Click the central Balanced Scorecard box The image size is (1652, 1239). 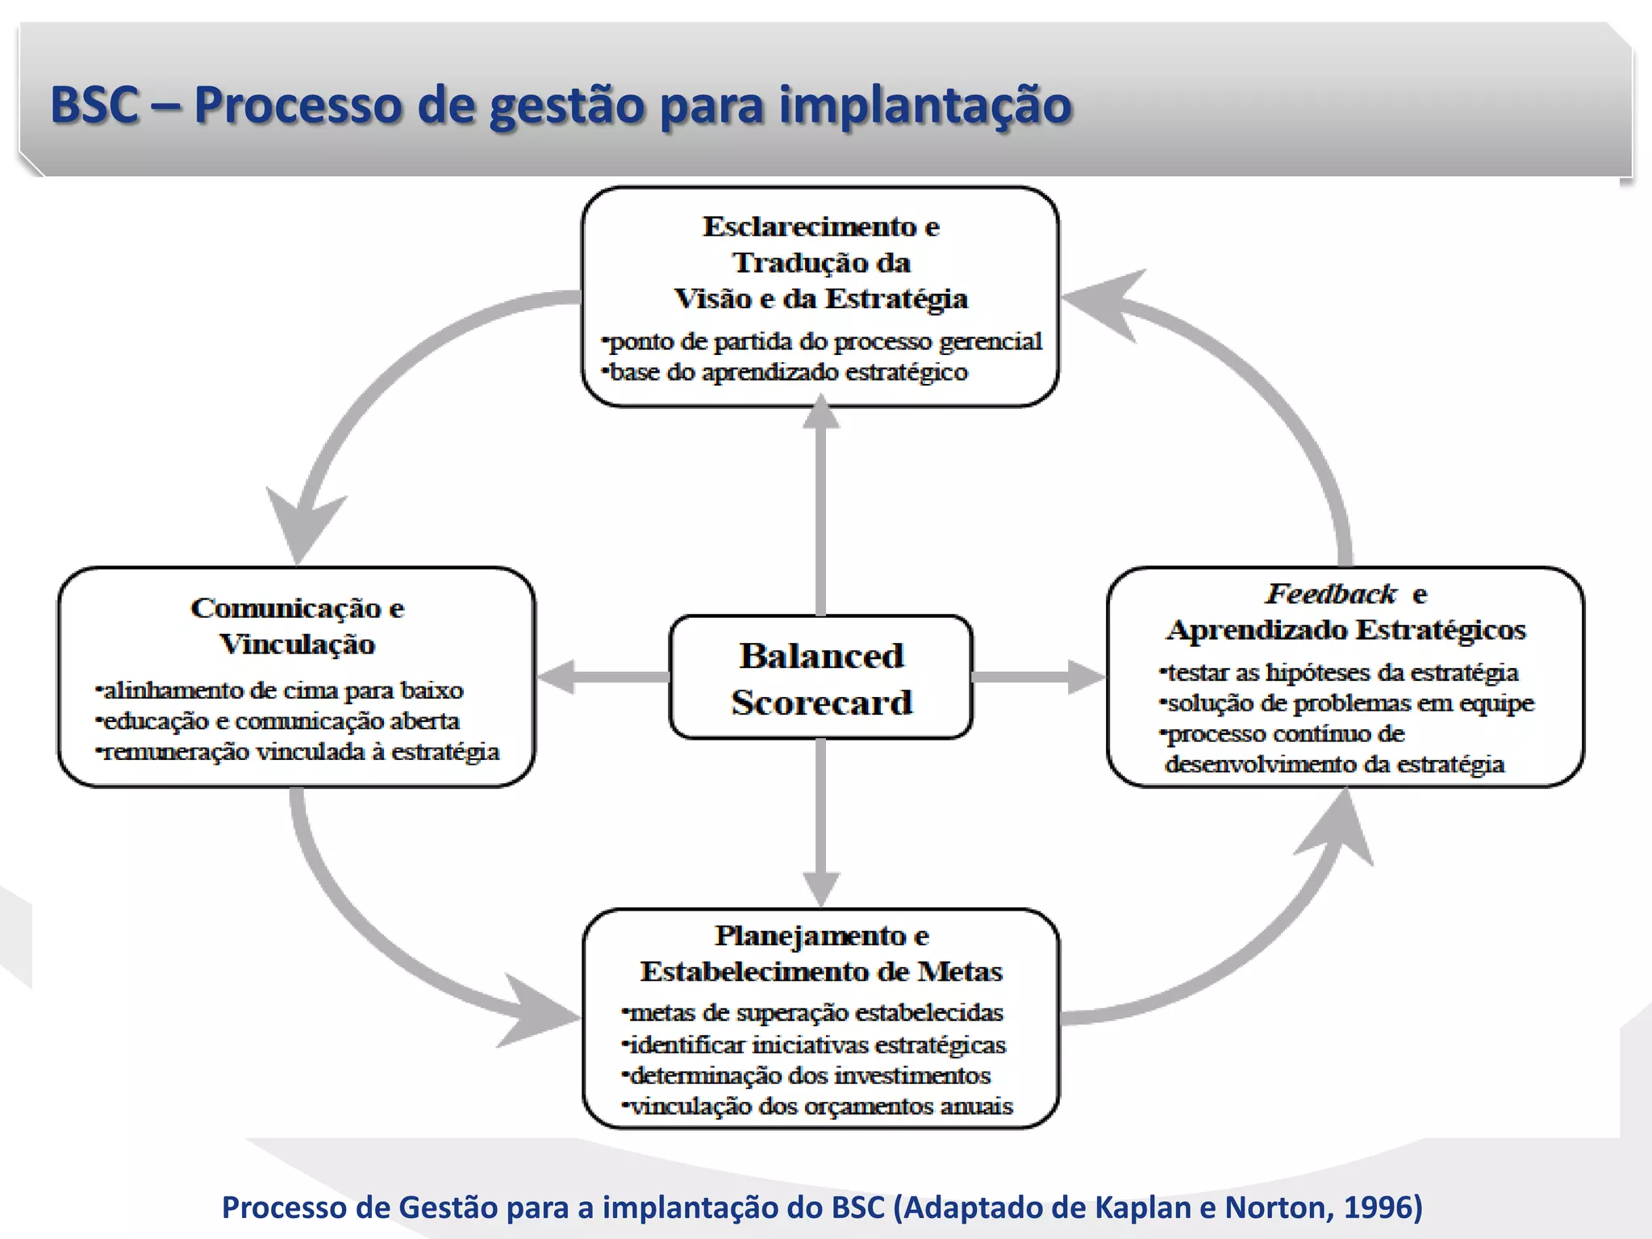(821, 678)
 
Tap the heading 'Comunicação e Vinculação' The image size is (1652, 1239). (298, 625)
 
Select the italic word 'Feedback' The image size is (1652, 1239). (1330, 594)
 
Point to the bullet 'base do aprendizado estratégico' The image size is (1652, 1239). (787, 373)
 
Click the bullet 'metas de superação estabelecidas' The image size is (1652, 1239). (815, 1012)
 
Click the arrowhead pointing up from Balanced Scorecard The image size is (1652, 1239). (821, 413)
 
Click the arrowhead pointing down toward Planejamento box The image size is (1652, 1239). (821, 889)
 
